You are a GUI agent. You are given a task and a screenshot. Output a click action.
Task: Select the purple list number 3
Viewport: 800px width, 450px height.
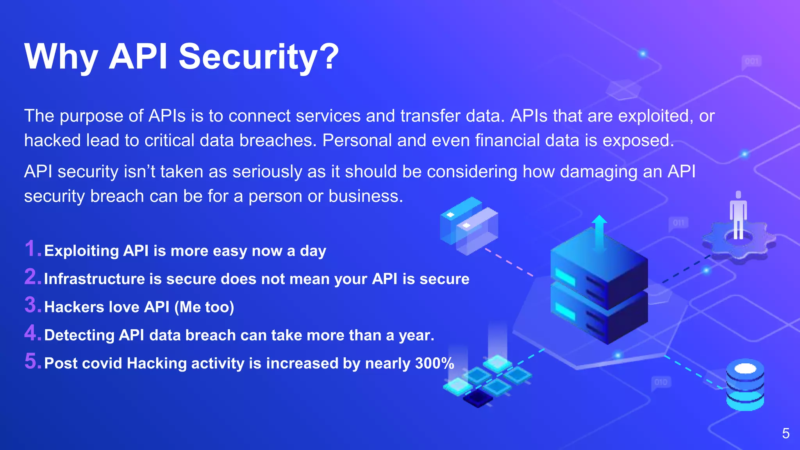(32, 305)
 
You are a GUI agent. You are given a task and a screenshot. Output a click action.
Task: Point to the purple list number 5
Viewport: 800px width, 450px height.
(32, 361)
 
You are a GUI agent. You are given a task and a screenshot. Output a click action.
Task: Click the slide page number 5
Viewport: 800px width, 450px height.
(786, 434)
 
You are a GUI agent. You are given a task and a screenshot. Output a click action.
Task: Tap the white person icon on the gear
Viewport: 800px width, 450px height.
(738, 215)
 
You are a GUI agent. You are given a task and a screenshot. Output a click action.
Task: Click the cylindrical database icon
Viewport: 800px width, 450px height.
(745, 385)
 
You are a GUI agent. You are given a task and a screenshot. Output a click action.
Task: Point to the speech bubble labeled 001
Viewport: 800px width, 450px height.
(751, 62)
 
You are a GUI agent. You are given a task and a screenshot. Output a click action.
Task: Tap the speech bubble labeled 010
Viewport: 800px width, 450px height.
(661, 382)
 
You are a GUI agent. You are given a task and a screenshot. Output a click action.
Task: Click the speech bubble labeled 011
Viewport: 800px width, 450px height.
(678, 223)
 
